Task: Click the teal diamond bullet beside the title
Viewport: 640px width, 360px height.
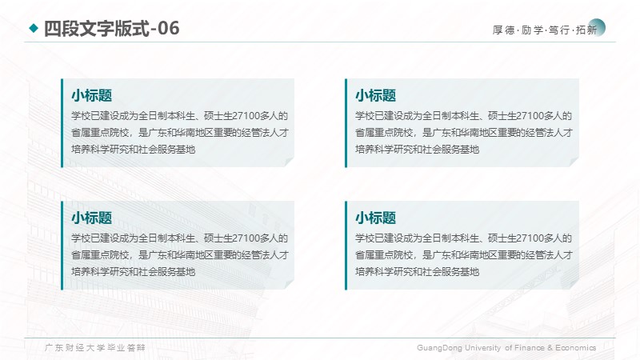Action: [x=34, y=28]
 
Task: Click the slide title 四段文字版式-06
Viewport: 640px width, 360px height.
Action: [x=111, y=29]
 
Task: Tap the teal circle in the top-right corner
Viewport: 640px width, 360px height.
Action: [x=597, y=27]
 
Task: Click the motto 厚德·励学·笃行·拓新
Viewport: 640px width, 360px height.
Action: [x=545, y=30]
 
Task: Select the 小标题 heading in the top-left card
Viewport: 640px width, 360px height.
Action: [x=92, y=95]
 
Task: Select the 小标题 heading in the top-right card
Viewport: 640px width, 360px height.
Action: [x=375, y=95]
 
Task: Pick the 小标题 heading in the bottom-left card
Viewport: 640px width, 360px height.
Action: [x=92, y=218]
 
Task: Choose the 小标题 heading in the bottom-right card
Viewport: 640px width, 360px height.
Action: [x=375, y=218]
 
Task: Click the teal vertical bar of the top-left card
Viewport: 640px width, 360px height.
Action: [x=62, y=123]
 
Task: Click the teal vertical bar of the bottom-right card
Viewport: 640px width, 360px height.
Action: [x=346, y=246]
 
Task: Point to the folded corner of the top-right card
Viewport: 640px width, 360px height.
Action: [x=574, y=162]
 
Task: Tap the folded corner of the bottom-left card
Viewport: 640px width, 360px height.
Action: [x=290, y=285]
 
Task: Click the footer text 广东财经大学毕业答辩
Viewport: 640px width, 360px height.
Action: [x=94, y=348]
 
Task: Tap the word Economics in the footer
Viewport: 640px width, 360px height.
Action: [x=575, y=348]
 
